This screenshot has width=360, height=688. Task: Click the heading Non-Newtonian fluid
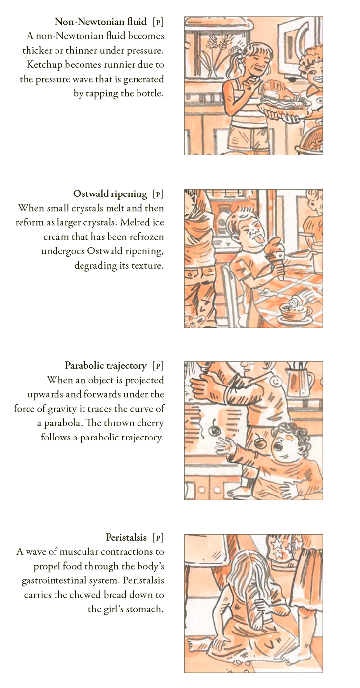(x=101, y=22)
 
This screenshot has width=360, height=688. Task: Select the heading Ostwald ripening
(x=110, y=194)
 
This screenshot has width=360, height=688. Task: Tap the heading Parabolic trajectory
(x=106, y=366)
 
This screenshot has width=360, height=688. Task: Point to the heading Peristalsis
(x=126, y=538)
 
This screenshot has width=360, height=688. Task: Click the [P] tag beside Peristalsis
(x=158, y=538)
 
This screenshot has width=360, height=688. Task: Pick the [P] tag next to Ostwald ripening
(x=158, y=194)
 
